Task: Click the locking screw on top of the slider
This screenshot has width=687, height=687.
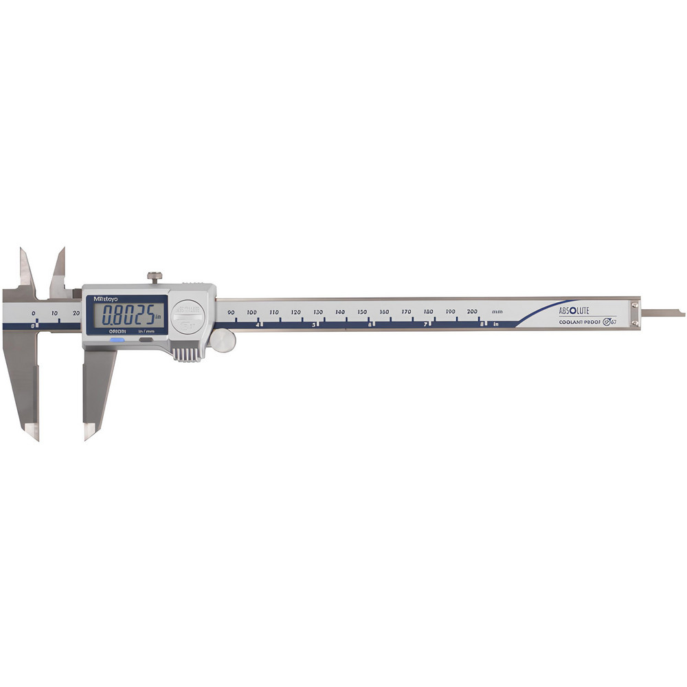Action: [155, 277]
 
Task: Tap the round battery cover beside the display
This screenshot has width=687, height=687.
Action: [188, 317]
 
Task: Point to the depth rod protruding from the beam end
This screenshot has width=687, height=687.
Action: [662, 315]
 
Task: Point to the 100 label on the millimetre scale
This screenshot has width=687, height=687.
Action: [251, 313]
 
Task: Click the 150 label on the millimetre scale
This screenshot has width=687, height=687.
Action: [362, 313]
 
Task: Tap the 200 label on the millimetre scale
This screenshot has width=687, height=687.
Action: [473, 313]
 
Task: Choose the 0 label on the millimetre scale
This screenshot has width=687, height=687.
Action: [34, 313]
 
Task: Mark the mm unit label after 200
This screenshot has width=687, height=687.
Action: [497, 313]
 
